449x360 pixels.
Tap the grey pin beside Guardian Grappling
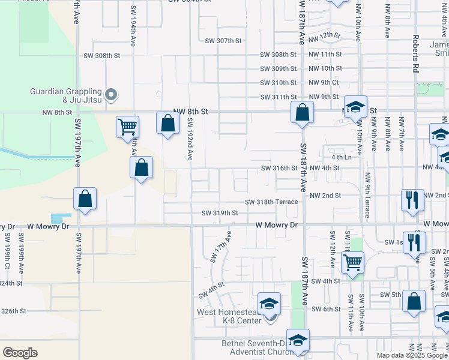tap(110, 94)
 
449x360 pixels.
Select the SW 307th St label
tap(223, 41)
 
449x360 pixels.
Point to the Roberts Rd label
tap(415, 54)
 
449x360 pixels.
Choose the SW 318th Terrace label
tap(271, 202)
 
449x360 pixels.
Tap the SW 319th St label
tap(220, 213)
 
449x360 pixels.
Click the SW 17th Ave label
tap(220, 247)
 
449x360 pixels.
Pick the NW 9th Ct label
tap(324, 83)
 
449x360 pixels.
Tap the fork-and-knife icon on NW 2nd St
tap(412, 200)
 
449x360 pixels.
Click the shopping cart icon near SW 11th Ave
tap(352, 262)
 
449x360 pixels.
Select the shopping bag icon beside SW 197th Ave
tap(85, 199)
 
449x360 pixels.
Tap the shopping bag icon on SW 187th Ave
tap(302, 112)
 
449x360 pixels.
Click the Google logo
tap(20, 353)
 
